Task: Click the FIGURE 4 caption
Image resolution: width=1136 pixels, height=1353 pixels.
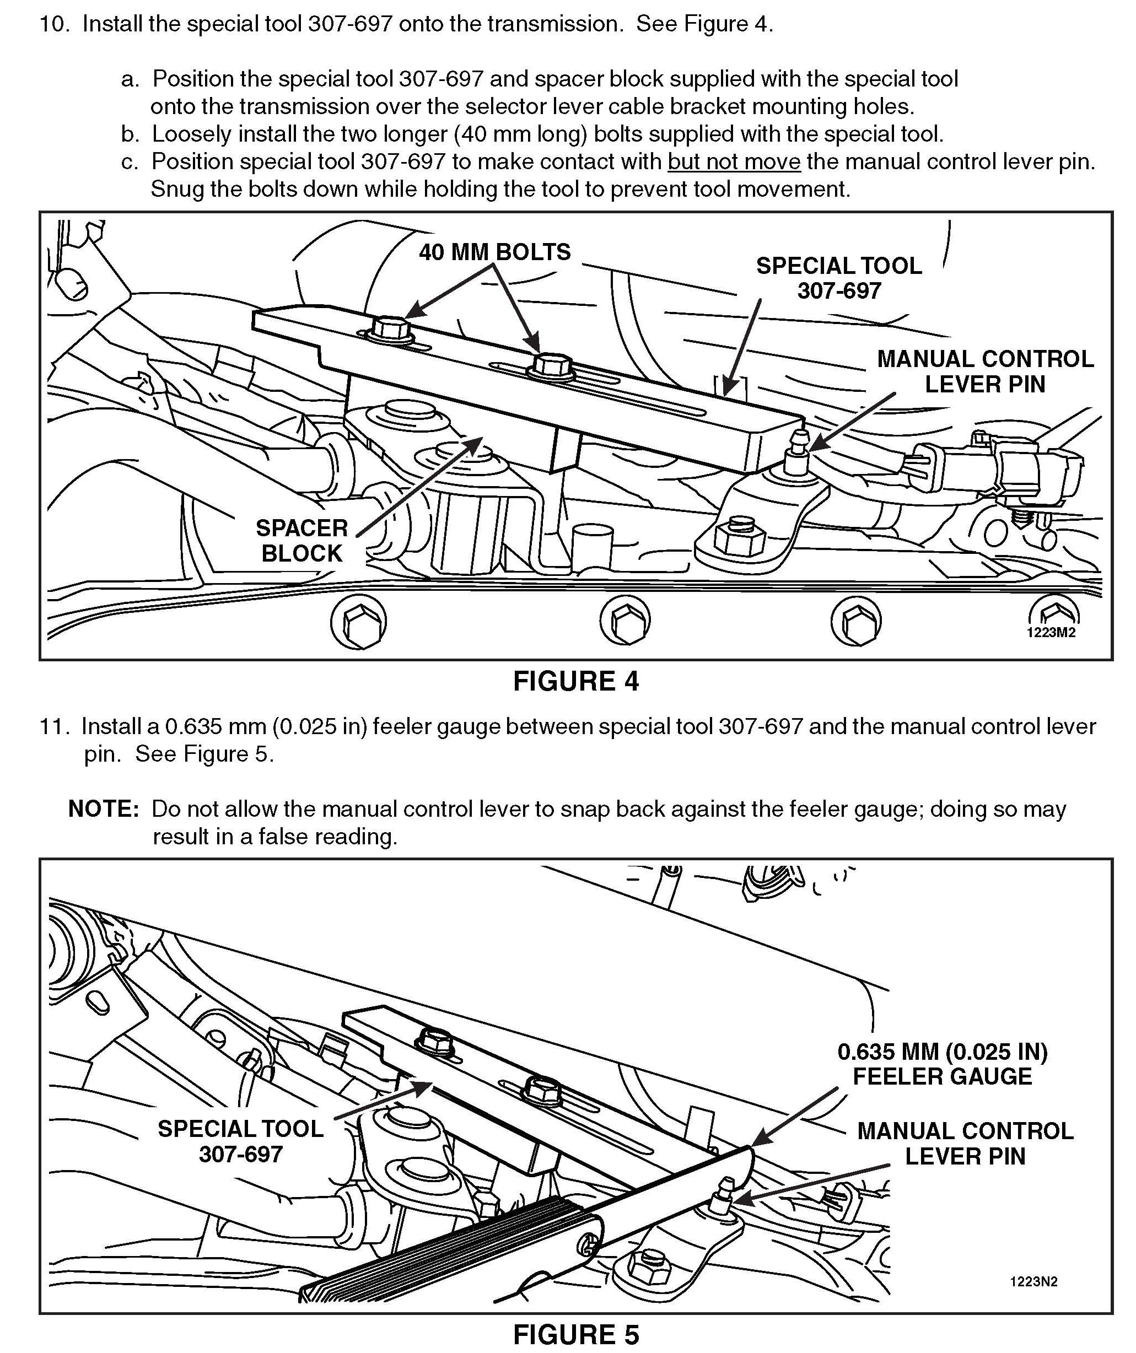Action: click(x=575, y=682)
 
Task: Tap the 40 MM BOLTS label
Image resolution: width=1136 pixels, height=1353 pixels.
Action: click(x=495, y=252)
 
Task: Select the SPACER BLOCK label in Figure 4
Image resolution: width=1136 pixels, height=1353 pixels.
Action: click(x=302, y=541)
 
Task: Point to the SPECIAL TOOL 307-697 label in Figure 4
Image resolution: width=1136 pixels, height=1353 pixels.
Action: click(x=838, y=278)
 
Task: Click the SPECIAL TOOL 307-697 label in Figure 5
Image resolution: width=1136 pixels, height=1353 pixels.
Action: click(x=240, y=1141)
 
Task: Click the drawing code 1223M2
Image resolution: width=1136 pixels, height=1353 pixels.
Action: click(x=1051, y=632)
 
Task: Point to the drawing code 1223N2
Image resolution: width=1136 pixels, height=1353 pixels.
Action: click(x=1033, y=1281)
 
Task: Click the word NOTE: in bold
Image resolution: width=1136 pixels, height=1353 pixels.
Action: click(x=103, y=808)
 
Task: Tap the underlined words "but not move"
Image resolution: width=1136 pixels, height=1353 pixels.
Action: click(x=734, y=161)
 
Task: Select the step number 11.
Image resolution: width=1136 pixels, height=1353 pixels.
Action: click(x=54, y=727)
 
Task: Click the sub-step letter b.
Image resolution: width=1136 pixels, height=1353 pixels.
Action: click(x=130, y=134)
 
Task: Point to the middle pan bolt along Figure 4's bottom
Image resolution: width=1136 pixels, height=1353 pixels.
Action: click(x=624, y=621)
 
